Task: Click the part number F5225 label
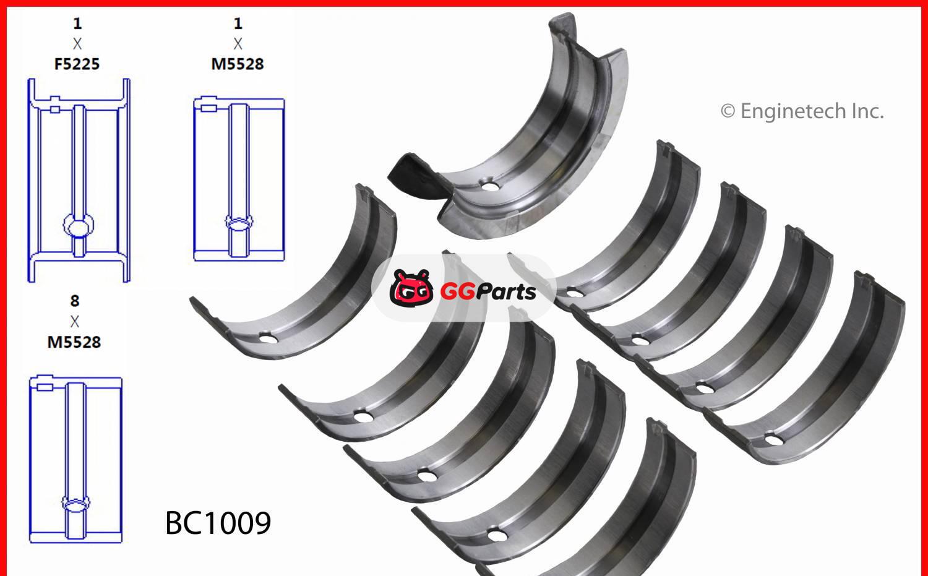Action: click(77, 64)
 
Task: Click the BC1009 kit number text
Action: click(218, 523)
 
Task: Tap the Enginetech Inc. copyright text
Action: click(802, 111)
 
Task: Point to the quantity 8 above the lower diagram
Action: click(75, 301)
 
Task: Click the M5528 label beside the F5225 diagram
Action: click(238, 64)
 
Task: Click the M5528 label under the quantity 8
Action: click(74, 342)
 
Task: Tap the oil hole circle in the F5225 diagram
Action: click(79, 226)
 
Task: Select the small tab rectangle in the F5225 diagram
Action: click(54, 110)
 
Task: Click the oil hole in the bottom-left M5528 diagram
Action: click(76, 503)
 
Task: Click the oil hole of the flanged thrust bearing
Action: click(490, 186)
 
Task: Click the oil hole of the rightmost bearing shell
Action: click(772, 440)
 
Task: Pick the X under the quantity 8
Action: click(75, 322)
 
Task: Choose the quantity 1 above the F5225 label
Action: click(77, 24)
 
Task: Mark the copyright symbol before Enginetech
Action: click(728, 111)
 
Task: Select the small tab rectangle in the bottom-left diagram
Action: click(44, 387)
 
